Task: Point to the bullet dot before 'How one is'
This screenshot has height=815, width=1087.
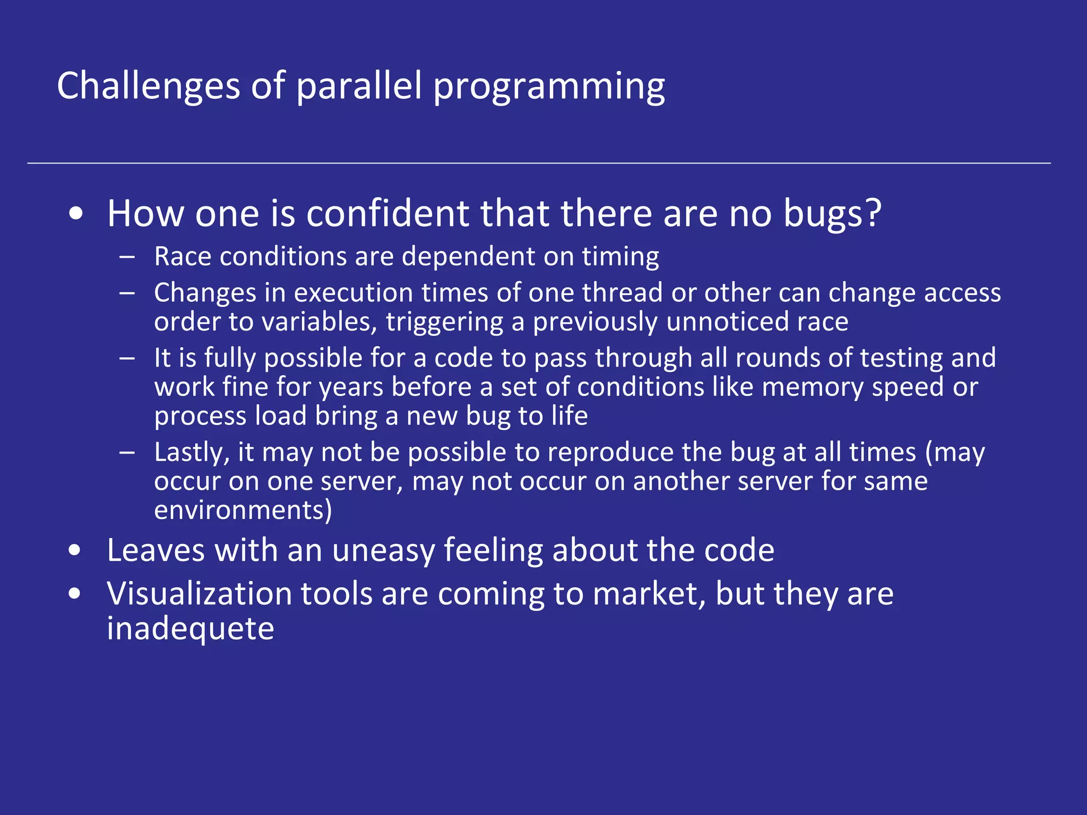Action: tap(76, 214)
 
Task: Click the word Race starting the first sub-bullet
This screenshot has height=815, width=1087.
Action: tap(183, 257)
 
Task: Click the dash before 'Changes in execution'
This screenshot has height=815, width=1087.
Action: tap(127, 293)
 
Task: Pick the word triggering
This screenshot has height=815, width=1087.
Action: tap(444, 323)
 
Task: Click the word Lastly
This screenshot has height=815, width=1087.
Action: tap(192, 453)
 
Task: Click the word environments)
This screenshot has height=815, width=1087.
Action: tap(243, 510)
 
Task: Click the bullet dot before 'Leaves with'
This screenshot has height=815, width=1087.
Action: tap(75, 551)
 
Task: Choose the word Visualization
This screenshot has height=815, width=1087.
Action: tap(199, 594)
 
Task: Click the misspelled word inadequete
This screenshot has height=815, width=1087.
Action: tap(191, 629)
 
